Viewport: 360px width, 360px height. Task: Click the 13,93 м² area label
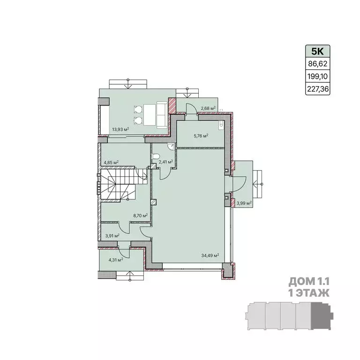(x=120, y=129)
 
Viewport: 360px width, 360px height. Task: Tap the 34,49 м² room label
(x=210, y=255)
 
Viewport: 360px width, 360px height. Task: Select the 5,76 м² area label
(x=201, y=135)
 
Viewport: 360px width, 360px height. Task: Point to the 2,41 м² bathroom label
(x=165, y=162)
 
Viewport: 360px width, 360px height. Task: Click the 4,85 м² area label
(x=111, y=162)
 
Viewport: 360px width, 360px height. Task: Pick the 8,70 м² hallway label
(x=140, y=216)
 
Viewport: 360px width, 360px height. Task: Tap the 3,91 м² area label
(x=112, y=236)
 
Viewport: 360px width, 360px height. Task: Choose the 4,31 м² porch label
(x=116, y=260)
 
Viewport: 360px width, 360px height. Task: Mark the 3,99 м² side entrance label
(x=244, y=203)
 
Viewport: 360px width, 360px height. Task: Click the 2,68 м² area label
(x=208, y=108)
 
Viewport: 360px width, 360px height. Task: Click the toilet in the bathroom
(x=156, y=157)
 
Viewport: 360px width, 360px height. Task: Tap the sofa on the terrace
(x=162, y=115)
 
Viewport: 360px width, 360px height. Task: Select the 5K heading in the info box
(x=317, y=52)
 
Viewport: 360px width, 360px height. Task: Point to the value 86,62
(x=317, y=64)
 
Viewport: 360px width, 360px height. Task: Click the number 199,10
(x=317, y=76)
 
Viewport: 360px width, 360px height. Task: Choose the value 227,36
(x=318, y=89)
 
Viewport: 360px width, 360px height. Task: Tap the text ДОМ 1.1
(x=309, y=282)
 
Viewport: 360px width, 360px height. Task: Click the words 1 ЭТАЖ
(x=309, y=293)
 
